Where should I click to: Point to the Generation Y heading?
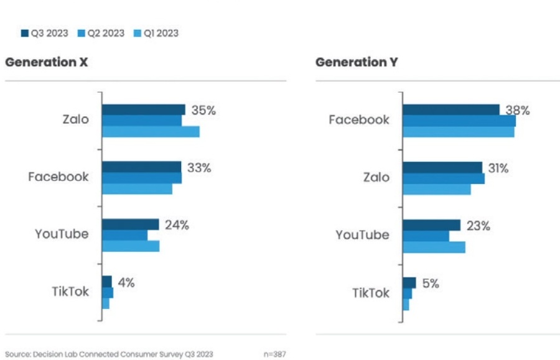357,62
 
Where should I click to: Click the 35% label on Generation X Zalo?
203,111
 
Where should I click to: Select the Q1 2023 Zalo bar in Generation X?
151,131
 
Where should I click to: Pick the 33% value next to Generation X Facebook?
199,168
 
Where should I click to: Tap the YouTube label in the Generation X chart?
62,234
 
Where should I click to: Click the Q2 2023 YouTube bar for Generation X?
124,235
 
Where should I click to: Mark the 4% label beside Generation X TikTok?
126,283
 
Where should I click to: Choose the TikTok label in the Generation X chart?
70,292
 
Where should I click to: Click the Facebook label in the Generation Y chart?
359,119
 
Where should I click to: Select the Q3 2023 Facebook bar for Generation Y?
450,109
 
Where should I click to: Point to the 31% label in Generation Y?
498,168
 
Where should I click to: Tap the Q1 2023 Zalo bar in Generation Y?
436,189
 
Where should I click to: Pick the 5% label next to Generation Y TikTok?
430,284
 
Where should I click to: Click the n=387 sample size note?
274,354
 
